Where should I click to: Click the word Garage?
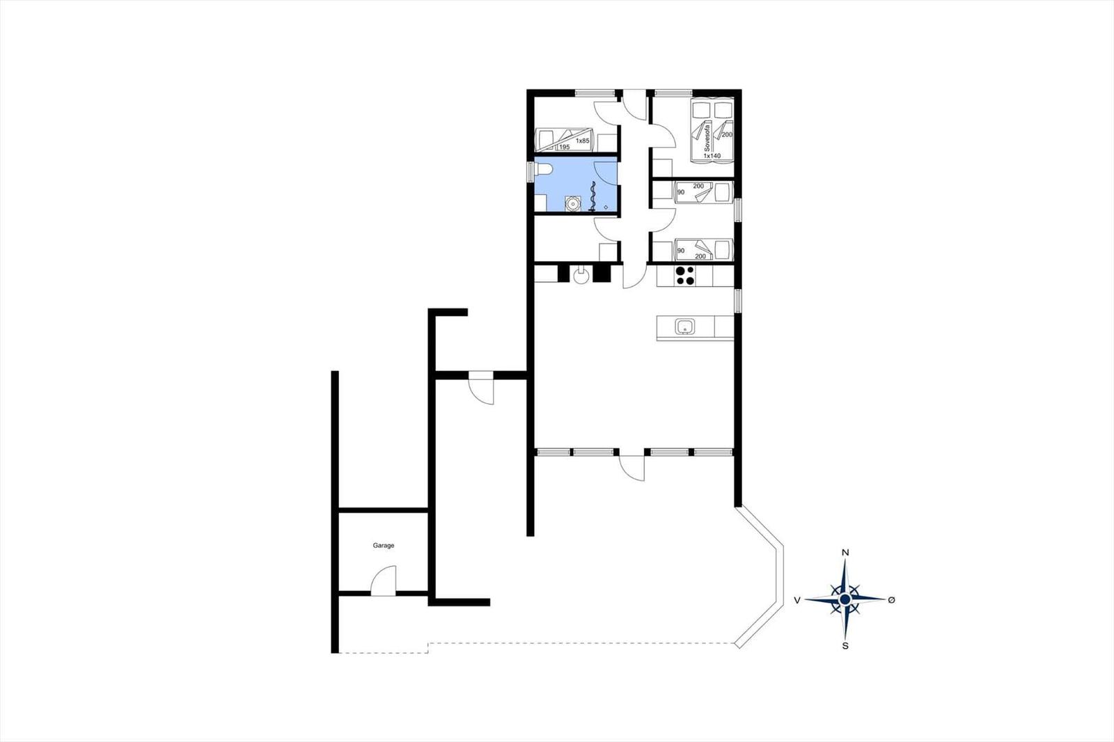[384, 546]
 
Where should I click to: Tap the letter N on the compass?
[845, 553]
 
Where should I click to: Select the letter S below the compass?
[845, 646]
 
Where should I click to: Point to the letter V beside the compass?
[797, 600]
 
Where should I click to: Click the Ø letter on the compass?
[891, 600]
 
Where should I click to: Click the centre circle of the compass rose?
[845, 600]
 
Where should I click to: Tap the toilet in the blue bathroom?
[542, 170]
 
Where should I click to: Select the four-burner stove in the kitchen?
[685, 276]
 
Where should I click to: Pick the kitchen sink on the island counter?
[685, 326]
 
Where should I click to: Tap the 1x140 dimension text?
[712, 156]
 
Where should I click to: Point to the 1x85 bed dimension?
[582, 141]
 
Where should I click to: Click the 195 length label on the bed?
[564, 147]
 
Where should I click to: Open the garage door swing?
[384, 581]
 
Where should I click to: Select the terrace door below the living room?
[631, 468]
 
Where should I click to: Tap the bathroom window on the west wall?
[530, 171]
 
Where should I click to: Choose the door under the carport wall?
[481, 388]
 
